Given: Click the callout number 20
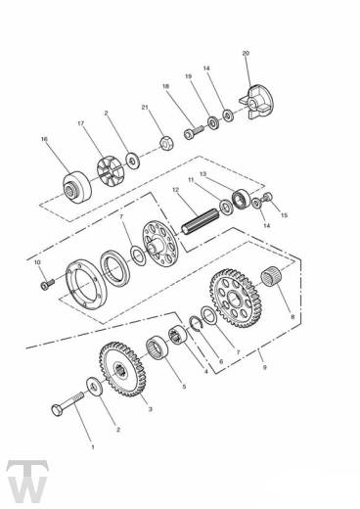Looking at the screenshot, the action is click(x=246, y=53).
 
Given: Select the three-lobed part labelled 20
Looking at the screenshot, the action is click(x=256, y=102).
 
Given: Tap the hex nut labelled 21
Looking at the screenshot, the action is click(x=166, y=143).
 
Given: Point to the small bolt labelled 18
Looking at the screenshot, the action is click(x=194, y=133).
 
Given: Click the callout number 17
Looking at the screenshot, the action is click(x=81, y=123).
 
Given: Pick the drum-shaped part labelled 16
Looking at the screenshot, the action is click(x=77, y=187).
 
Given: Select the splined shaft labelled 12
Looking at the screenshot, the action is click(x=201, y=222).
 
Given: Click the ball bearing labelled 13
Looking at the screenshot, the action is click(x=242, y=198).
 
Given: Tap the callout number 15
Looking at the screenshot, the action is click(x=285, y=215).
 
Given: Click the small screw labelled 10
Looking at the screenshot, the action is click(x=47, y=284).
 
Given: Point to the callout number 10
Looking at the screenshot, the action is click(x=37, y=262).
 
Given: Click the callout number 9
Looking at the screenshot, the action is click(x=265, y=367).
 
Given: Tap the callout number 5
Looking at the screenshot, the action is click(x=184, y=387).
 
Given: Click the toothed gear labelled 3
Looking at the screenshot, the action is click(x=122, y=369).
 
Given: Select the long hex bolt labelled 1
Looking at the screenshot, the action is click(x=67, y=403).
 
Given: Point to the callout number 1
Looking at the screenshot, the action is click(x=93, y=446).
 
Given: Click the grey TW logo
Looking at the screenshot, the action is click(x=27, y=482).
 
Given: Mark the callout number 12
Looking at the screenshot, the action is click(x=176, y=190).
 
